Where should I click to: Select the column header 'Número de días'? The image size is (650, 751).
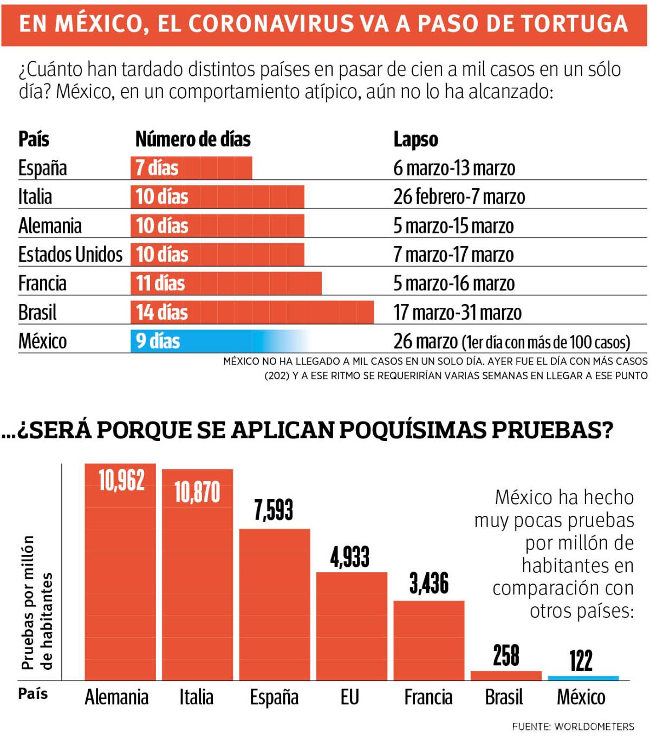[193, 139]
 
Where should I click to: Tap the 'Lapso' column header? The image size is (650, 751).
[415, 139]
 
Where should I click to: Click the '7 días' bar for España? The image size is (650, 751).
[191, 168]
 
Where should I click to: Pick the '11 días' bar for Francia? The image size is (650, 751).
[226, 283]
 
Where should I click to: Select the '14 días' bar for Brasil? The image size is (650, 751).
[252, 313]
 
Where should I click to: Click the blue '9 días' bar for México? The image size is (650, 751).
[217, 341]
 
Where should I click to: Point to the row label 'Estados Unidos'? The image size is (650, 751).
[70, 255]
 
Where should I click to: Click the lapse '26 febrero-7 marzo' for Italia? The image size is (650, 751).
[459, 197]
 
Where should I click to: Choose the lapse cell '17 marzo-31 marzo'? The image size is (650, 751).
[457, 313]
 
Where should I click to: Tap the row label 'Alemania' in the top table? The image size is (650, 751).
[50, 226]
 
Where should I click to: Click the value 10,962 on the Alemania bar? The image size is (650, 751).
[121, 481]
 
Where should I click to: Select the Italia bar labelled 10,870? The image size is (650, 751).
[197, 574]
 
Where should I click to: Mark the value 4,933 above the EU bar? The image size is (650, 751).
[350, 557]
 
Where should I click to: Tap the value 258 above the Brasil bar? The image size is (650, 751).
[506, 656]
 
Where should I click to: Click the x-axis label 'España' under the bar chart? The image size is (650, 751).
[274, 697]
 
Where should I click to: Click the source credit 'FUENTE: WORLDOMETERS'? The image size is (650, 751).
[573, 727]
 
